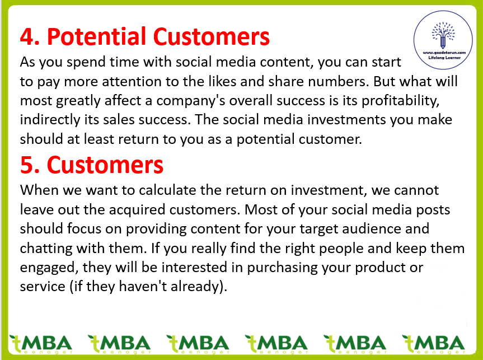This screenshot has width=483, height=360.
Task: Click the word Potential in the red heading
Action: [96, 36]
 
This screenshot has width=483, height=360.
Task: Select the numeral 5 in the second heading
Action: [27, 165]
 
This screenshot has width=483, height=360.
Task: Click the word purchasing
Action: [282, 268]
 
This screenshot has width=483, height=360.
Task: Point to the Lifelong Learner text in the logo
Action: [444, 58]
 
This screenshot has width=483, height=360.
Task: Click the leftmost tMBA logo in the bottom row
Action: [41, 344]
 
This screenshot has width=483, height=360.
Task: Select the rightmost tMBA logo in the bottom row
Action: [433, 344]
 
